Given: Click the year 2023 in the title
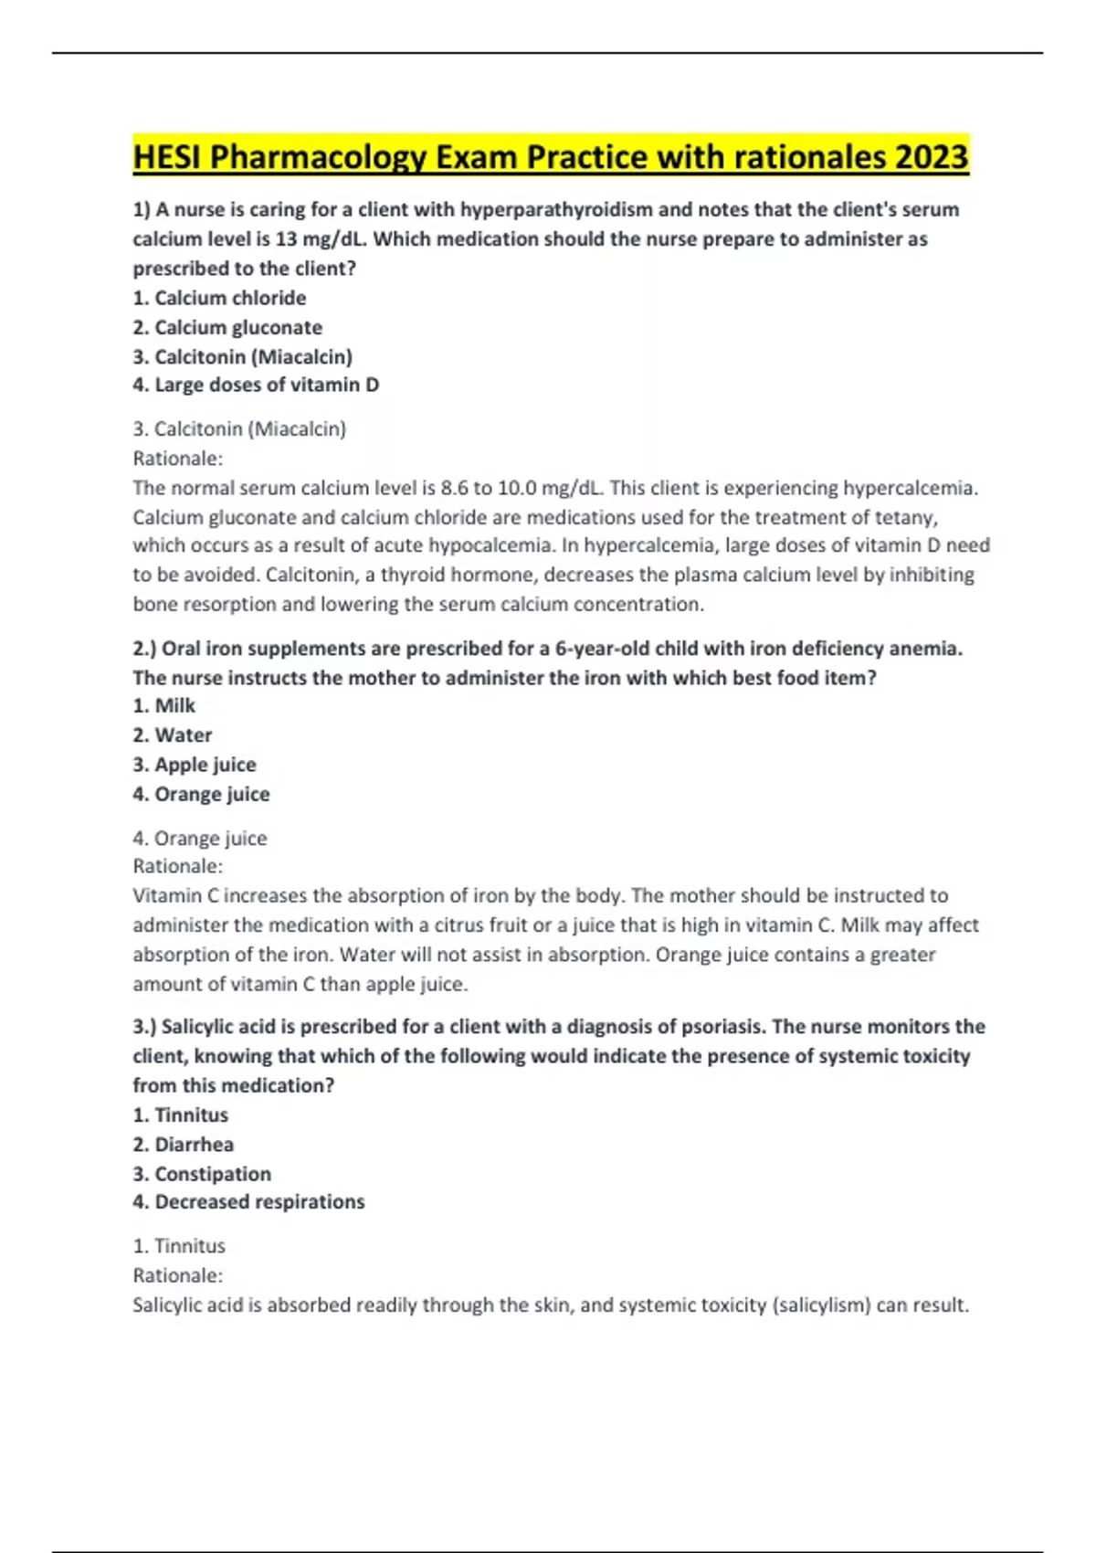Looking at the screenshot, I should pos(931,158).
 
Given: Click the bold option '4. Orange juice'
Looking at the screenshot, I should pos(201,794).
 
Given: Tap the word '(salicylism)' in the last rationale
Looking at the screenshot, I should pos(821,1305).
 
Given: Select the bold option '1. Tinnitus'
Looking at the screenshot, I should pos(181,1115).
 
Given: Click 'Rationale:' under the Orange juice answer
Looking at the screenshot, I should pos(178,866).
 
